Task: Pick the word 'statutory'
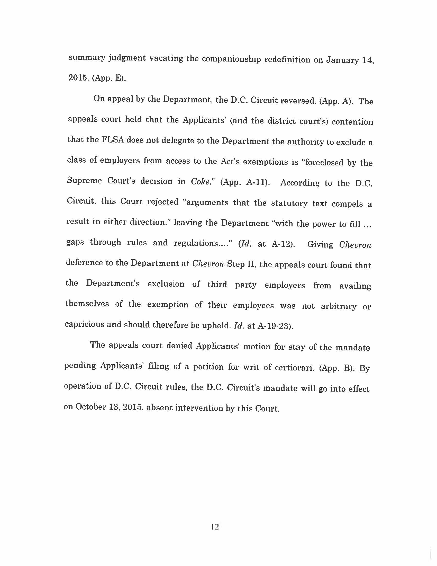[289, 203]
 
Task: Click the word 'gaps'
[75, 242]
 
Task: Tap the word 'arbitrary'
[338, 306]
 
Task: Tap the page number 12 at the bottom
[215, 527]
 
